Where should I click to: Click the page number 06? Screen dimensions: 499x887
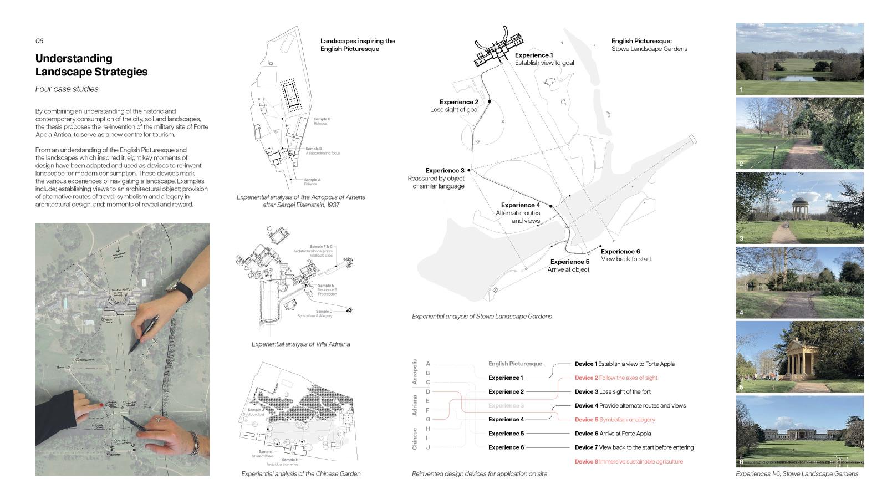tap(39, 41)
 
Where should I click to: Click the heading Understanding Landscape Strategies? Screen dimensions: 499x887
tap(91, 65)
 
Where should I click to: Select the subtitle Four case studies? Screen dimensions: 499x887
tap(67, 89)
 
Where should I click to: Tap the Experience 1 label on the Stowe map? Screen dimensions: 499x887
tap(533, 55)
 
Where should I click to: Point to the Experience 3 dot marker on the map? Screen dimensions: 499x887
tap(469, 170)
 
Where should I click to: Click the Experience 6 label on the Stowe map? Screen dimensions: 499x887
tap(620, 252)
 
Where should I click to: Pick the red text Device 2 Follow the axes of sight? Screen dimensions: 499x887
tap(616, 378)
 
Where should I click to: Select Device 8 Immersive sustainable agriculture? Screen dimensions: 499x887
tap(629, 461)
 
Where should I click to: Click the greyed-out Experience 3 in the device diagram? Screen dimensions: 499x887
tap(506, 406)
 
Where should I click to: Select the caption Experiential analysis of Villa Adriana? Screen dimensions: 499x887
tap(300, 344)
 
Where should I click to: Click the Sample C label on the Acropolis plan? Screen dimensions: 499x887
tap(322, 119)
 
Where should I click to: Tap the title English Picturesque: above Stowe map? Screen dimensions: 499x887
tap(641, 41)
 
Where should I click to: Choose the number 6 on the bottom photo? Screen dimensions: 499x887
tap(741, 461)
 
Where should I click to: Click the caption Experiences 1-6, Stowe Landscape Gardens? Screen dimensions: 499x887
tap(797, 474)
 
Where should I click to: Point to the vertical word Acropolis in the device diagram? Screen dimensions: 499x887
tap(415, 371)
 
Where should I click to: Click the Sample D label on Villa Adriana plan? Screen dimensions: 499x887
tap(324, 312)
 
